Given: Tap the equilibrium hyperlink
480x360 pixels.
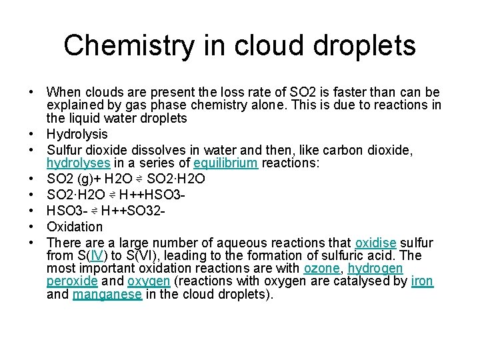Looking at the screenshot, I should coord(226,163).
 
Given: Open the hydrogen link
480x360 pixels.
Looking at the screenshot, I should coord(375,268).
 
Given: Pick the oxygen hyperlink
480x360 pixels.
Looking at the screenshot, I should coord(149,281).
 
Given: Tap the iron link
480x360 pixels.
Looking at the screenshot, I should coord(422,281).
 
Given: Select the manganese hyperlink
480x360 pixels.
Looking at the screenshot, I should coord(107,294).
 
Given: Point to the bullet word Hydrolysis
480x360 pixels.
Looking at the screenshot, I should coord(77,134).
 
